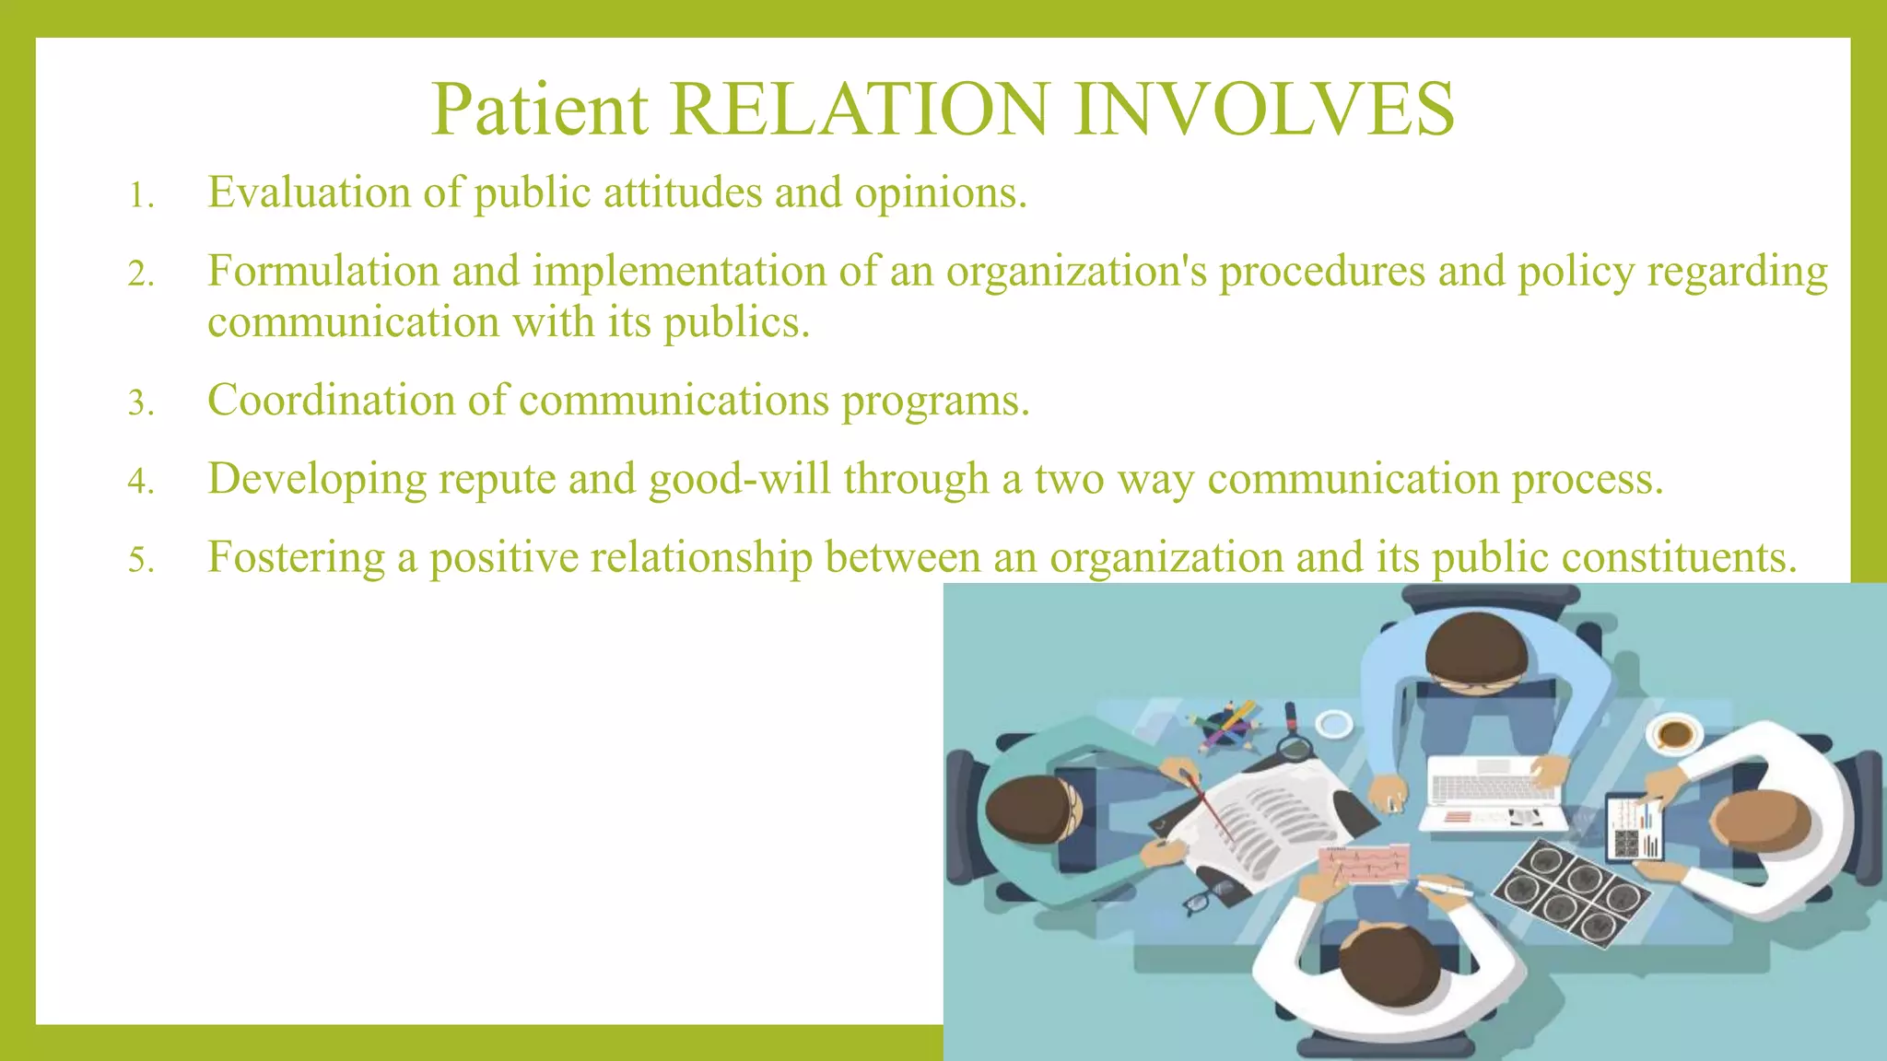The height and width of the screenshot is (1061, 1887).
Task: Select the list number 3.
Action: pos(140,403)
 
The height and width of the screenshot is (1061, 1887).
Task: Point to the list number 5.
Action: pos(140,560)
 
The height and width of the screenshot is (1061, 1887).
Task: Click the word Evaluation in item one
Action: pos(309,192)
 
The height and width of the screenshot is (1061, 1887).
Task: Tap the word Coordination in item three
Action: pos(331,401)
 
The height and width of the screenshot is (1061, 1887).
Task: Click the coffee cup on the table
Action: pos(1674,734)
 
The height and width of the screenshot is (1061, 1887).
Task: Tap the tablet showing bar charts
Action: pos(1635,826)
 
